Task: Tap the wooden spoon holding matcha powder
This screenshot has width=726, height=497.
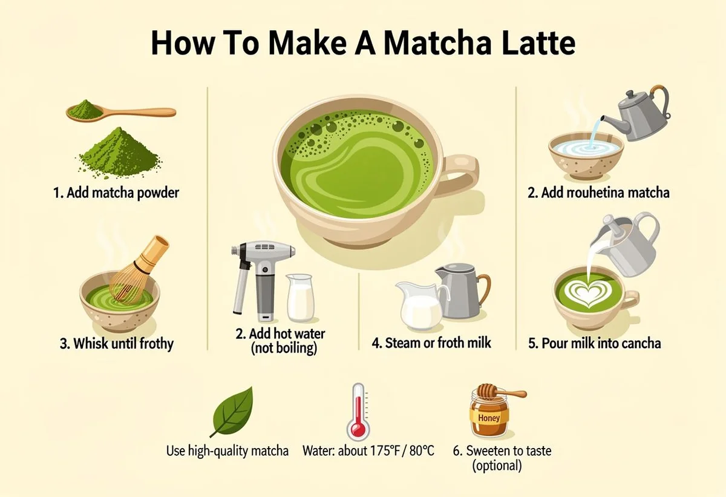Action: pos(121,112)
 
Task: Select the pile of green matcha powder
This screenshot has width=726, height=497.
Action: pos(119,151)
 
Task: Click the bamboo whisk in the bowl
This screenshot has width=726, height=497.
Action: pos(138,270)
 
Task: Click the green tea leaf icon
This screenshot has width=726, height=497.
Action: pos(233,412)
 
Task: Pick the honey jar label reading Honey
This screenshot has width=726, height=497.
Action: pos(489,418)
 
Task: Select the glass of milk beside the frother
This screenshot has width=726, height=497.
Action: pos(300,298)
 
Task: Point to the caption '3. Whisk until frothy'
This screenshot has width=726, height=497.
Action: pos(117,344)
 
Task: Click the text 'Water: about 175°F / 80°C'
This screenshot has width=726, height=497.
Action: pos(368,450)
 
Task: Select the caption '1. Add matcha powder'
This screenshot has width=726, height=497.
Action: pos(116,193)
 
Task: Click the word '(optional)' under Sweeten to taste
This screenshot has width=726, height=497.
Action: pos(497,466)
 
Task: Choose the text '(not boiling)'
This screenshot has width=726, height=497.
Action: pos(284,348)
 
